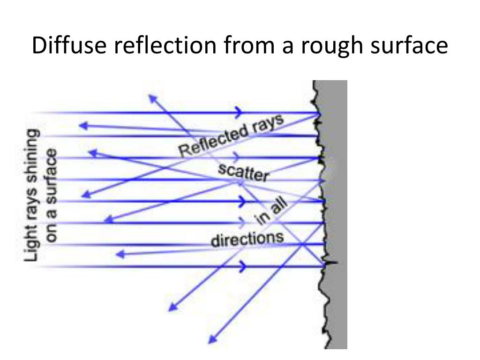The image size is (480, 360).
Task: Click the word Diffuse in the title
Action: pyautogui.click(x=71, y=46)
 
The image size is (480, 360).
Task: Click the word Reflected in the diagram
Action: pyautogui.click(x=213, y=142)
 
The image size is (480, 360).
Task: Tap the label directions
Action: pyautogui.click(x=247, y=239)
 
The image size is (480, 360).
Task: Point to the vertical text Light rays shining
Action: pyautogui.click(x=32, y=195)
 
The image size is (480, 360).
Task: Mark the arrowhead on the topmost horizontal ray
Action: pyautogui.click(x=240, y=112)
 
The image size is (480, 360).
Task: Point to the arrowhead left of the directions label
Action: pyautogui.click(x=120, y=254)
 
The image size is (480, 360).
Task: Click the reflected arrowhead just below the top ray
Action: pyautogui.click(x=83, y=125)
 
